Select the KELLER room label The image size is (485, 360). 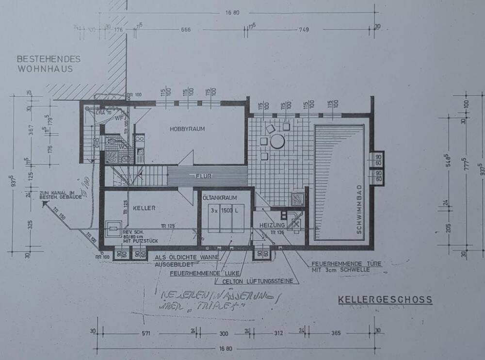144,208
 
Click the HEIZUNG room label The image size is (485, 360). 271,226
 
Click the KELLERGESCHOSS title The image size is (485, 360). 385,300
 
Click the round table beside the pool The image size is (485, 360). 277,142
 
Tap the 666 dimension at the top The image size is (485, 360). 185,30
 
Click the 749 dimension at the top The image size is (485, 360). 304,30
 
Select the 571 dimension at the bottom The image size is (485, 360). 146,333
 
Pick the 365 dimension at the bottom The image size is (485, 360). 336,333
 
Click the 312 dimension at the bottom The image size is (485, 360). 279,333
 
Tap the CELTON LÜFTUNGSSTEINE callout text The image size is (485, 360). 259,281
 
